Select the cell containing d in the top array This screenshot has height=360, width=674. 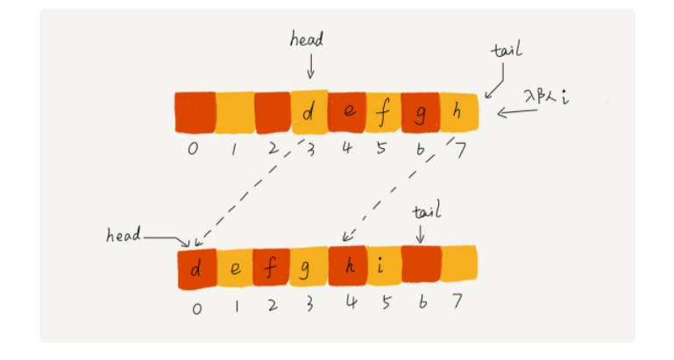[x=309, y=112]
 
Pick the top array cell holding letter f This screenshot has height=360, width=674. [x=383, y=112]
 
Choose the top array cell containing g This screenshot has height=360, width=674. [x=421, y=112]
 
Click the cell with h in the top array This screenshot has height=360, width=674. [x=458, y=112]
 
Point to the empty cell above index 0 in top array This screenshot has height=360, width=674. [x=195, y=112]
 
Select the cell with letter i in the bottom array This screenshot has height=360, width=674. [x=382, y=267]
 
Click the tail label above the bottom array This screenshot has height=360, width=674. [x=426, y=211]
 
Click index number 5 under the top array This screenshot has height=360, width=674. [x=383, y=148]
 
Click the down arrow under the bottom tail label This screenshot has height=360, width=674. [x=421, y=233]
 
